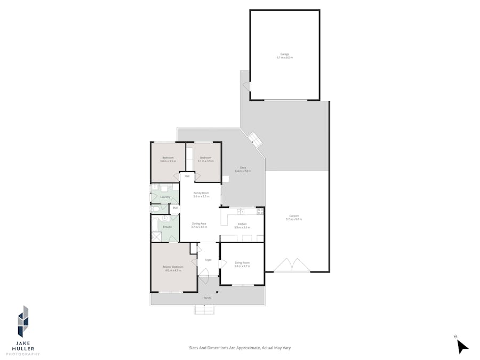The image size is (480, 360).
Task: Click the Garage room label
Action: (x=284, y=54)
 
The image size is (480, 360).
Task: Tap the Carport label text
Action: (x=294, y=216)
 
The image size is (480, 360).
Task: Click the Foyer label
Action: (x=208, y=260)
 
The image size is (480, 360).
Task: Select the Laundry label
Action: (x=165, y=197)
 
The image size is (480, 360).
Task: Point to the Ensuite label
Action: (x=167, y=227)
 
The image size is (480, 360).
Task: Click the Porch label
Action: (x=207, y=298)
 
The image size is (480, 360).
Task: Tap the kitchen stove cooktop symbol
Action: (x=260, y=212)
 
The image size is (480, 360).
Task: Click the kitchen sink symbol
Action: (x=241, y=212)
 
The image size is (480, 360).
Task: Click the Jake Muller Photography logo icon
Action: (x=23, y=321)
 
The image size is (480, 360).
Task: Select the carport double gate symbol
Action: (x=291, y=266)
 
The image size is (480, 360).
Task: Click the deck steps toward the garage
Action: (x=256, y=140)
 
